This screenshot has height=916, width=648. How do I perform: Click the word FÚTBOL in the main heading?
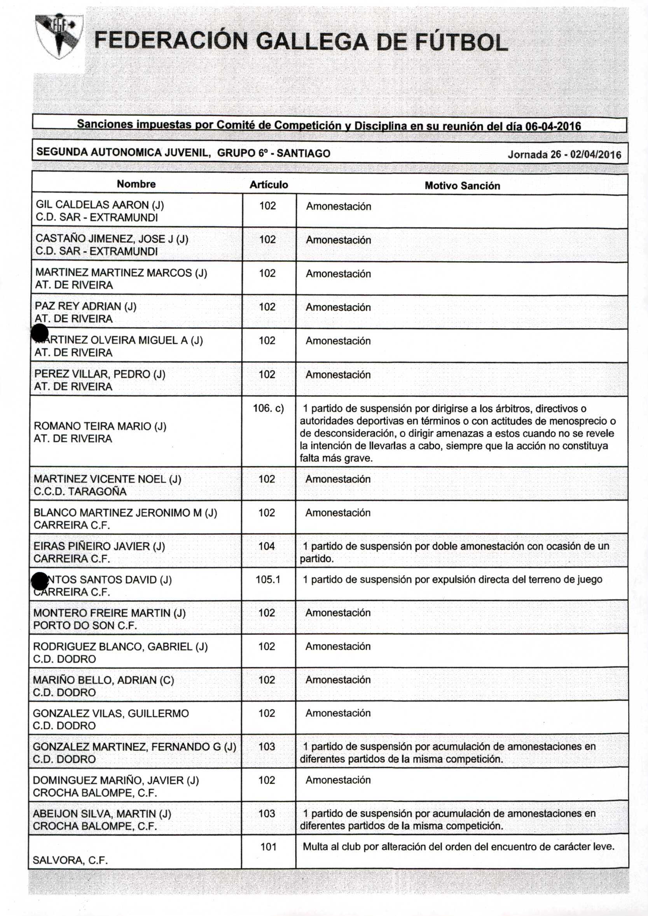(x=461, y=42)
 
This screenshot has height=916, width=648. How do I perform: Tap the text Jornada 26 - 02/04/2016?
(x=564, y=155)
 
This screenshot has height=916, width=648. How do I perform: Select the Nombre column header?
(x=136, y=184)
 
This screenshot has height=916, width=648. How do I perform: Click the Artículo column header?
(x=269, y=185)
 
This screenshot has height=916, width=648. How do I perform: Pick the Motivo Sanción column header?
(x=462, y=186)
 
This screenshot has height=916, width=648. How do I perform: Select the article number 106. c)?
(x=268, y=408)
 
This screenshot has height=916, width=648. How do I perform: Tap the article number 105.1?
(x=268, y=580)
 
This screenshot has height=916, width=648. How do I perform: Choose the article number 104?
(x=267, y=546)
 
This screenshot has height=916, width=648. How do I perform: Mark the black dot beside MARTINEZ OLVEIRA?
(x=40, y=333)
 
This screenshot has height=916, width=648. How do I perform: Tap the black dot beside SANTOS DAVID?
(x=40, y=581)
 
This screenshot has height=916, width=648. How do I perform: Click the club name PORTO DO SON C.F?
(x=85, y=625)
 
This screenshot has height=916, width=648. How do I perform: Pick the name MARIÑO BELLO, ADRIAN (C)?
(x=103, y=680)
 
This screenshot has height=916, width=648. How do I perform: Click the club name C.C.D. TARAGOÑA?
(x=80, y=491)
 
